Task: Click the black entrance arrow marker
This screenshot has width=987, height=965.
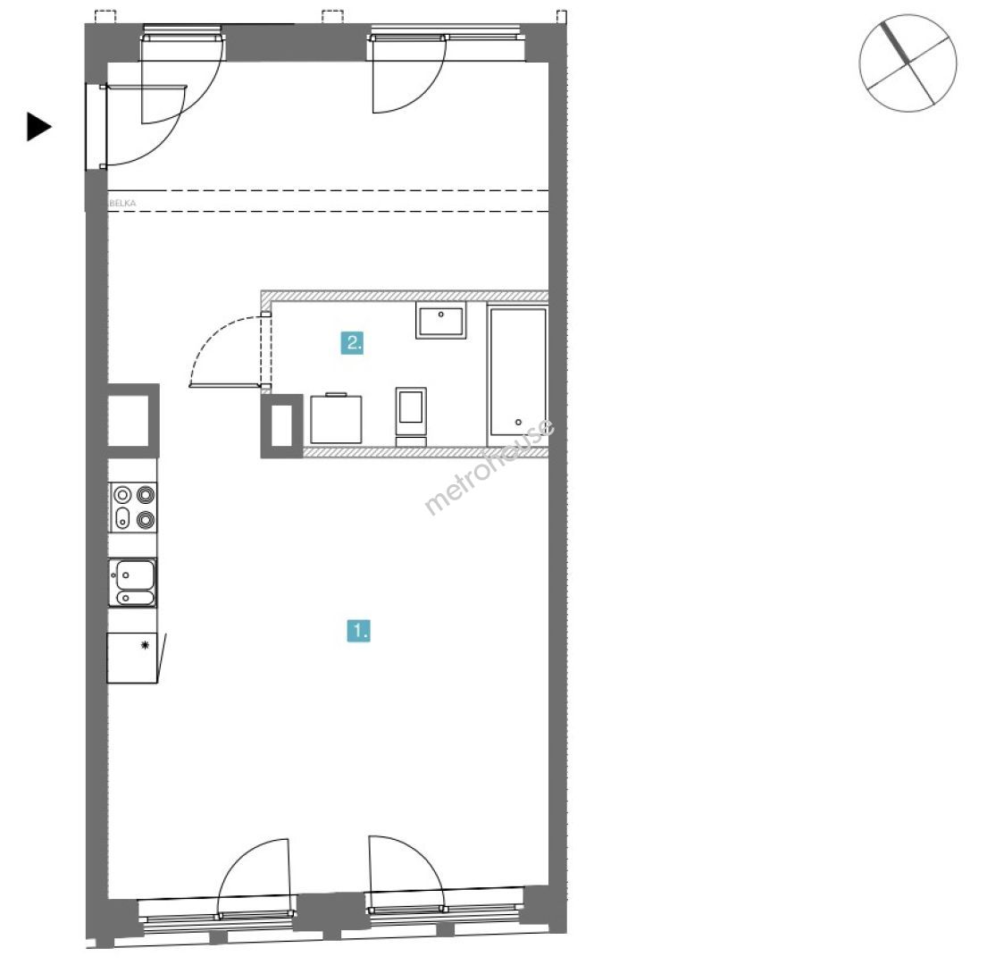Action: click(x=38, y=127)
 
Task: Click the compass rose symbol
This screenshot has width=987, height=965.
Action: click(x=908, y=63)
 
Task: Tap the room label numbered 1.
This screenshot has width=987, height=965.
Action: click(x=359, y=630)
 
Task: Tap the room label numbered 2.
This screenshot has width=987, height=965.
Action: click(x=353, y=343)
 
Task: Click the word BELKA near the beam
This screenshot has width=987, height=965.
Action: click(x=122, y=204)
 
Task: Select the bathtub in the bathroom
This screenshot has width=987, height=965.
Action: click(x=518, y=372)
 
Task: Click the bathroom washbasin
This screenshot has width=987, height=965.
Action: click(x=440, y=320)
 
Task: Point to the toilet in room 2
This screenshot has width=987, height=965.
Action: click(x=411, y=415)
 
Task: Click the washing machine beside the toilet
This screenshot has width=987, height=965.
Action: click(x=336, y=418)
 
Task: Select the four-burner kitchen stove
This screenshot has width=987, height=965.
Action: click(x=133, y=507)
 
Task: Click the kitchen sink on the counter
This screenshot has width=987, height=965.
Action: click(x=132, y=583)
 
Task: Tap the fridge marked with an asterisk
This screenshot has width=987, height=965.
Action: click(x=132, y=658)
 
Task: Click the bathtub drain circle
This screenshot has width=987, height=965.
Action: click(x=518, y=423)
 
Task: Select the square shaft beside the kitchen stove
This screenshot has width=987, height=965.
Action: click(x=132, y=421)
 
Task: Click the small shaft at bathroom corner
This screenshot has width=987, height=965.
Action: click(x=281, y=425)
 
